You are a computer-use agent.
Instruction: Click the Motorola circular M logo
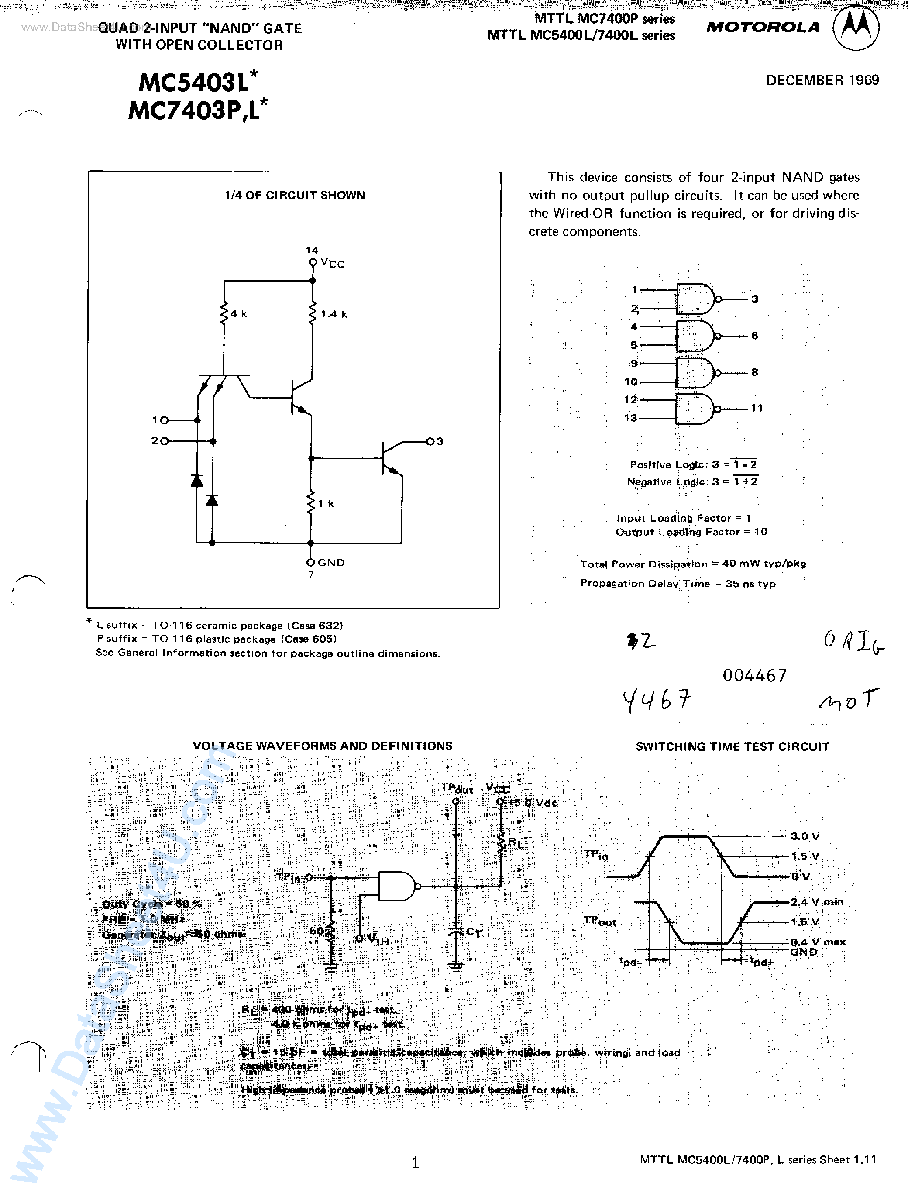click(x=856, y=28)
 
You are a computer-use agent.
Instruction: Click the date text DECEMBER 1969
click(x=822, y=80)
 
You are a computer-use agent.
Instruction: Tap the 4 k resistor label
click(x=238, y=314)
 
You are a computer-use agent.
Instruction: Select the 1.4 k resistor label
click(x=334, y=314)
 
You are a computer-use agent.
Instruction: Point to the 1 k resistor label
click(x=326, y=504)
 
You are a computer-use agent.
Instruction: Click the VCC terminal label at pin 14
click(x=332, y=263)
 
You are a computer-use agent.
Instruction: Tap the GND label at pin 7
click(x=331, y=563)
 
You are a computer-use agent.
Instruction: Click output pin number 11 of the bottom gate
click(x=756, y=409)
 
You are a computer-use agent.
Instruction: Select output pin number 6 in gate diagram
click(x=754, y=336)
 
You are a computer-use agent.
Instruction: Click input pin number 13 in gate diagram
click(x=630, y=418)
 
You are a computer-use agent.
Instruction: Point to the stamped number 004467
click(x=754, y=675)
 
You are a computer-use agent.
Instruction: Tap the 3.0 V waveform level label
click(x=805, y=836)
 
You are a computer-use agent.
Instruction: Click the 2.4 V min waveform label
click(x=817, y=902)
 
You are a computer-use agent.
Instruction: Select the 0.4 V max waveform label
click(x=818, y=942)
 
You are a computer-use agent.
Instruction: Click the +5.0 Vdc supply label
click(x=533, y=803)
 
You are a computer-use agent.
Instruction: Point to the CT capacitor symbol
click(x=456, y=932)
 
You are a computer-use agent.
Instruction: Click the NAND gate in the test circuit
click(x=398, y=886)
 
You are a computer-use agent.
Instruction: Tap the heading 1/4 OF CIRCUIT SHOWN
click(x=295, y=195)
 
